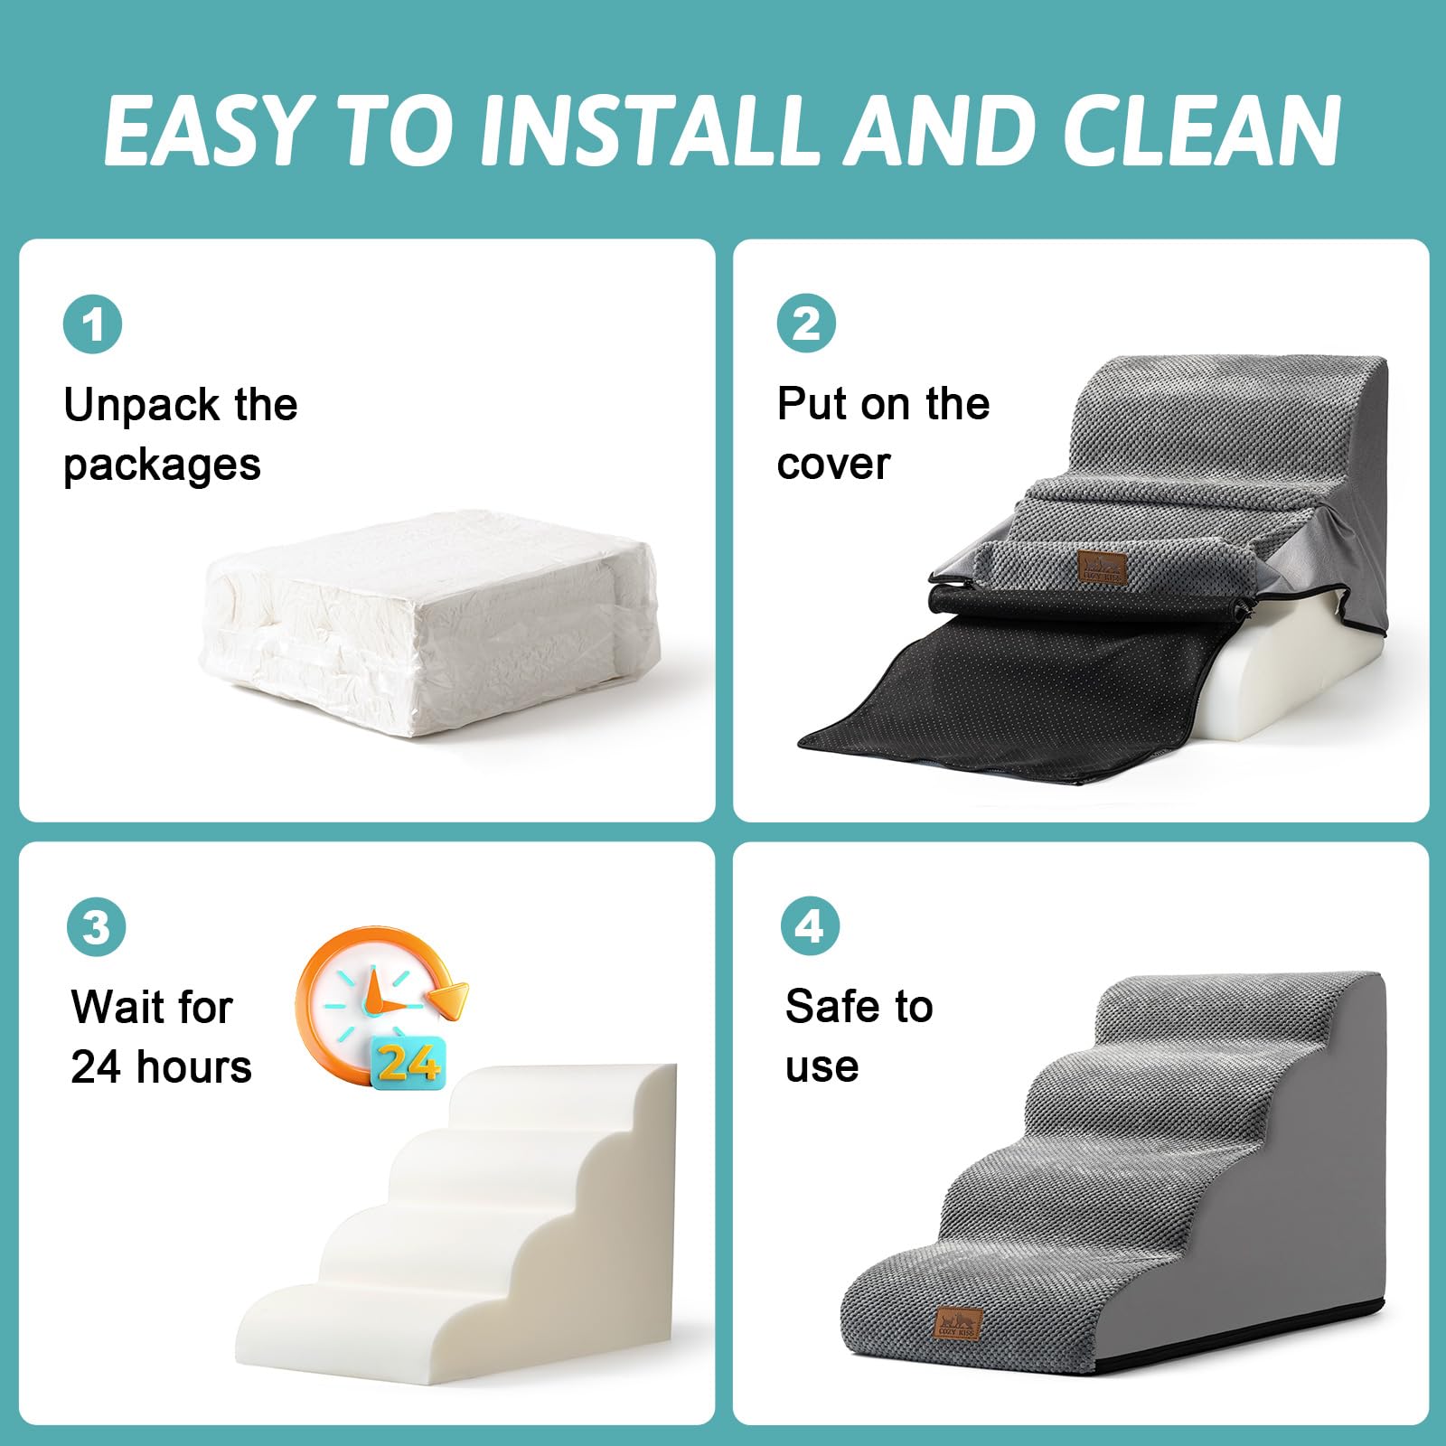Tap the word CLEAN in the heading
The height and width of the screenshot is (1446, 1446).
pyautogui.click(x=1202, y=130)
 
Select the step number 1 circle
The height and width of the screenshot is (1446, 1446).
pyautogui.click(x=92, y=324)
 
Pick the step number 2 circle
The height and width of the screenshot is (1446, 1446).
pyautogui.click(x=806, y=324)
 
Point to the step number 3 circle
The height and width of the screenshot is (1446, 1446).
pyautogui.click(x=96, y=926)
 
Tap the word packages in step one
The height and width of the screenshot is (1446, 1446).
pyautogui.click(x=162, y=466)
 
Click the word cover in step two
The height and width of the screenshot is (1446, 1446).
pyautogui.click(x=833, y=465)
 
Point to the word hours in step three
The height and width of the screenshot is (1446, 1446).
pyautogui.click(x=193, y=1067)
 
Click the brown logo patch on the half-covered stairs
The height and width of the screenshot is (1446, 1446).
pyautogui.click(x=1103, y=568)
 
